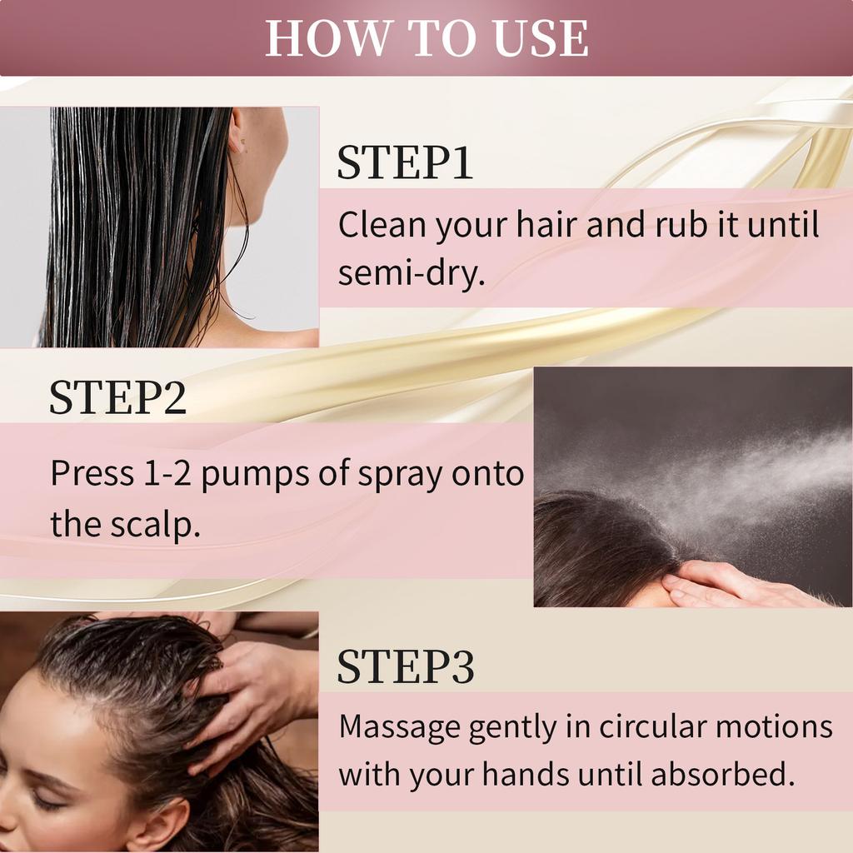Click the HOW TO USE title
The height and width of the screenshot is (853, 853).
click(x=426, y=38)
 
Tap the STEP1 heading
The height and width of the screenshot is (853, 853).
click(x=404, y=162)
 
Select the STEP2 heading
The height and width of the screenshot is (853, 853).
click(x=117, y=398)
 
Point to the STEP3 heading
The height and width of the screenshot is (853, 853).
click(x=406, y=666)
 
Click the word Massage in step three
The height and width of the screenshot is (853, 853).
click(x=400, y=726)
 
